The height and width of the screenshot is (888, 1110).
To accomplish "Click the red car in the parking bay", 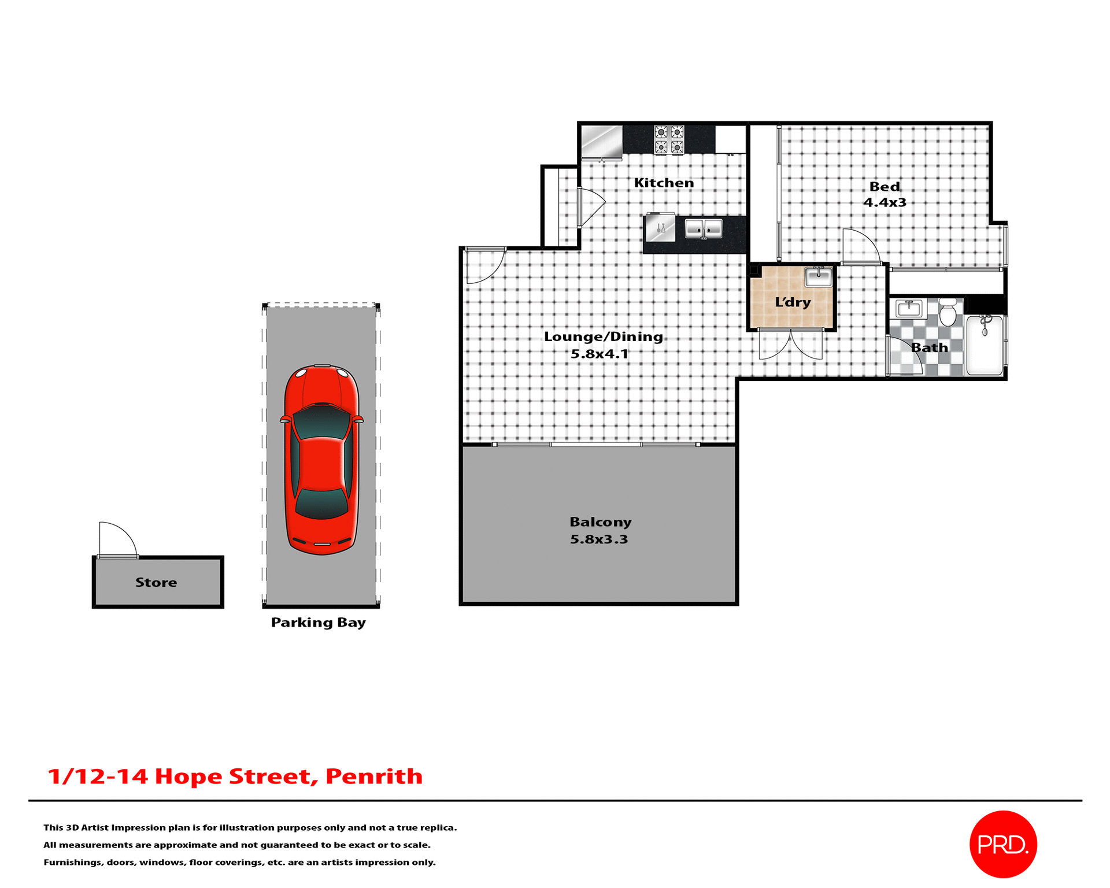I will (321, 460).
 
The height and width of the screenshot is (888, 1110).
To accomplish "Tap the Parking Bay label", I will (318, 623).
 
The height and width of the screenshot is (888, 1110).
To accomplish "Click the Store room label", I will (156, 582).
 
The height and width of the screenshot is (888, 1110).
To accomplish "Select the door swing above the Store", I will (117, 539).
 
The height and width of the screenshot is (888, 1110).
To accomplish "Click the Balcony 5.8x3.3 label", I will (600, 530).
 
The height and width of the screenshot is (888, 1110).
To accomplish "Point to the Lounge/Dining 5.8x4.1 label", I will (602, 345).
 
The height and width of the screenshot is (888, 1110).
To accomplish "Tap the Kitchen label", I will (664, 183).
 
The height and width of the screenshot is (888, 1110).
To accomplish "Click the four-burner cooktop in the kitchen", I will (669, 139).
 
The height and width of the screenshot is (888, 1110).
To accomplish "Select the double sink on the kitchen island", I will (703, 229).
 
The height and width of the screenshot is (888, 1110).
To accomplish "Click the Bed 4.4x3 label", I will (885, 194).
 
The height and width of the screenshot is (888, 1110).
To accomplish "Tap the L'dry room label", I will (793, 302).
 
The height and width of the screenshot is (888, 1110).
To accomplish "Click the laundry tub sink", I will (818, 277).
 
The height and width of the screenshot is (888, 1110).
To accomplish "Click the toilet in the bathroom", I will (947, 312).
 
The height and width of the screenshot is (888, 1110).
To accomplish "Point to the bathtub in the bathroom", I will (985, 345).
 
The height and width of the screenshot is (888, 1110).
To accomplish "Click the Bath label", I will (929, 347).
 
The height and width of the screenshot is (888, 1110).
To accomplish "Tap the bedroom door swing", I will (860, 247).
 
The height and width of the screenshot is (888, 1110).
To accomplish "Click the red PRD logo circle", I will (1002, 844).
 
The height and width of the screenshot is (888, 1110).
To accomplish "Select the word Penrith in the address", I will (374, 776).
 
